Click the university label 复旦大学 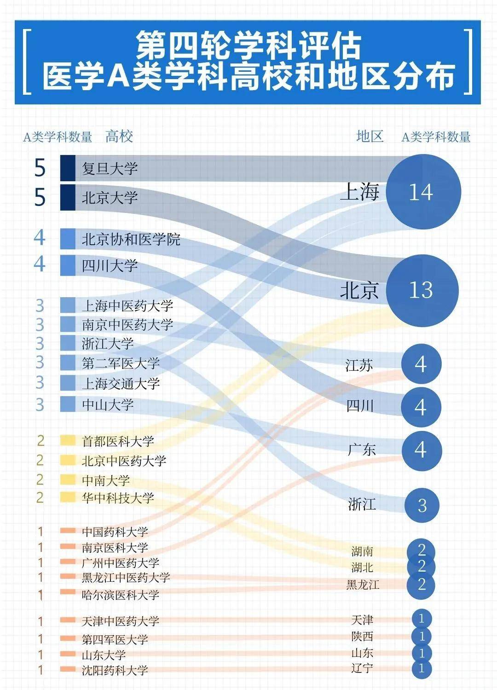(x=110, y=168)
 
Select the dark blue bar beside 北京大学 (x=68, y=197)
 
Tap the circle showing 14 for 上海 (x=423, y=192)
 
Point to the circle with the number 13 (x=422, y=290)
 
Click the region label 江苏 (x=359, y=365)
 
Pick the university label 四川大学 (x=110, y=265)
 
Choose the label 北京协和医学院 (x=131, y=239)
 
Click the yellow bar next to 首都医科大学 (x=68, y=441)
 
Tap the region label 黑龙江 (x=363, y=585)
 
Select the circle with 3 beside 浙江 (x=422, y=505)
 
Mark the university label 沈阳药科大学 (x=115, y=670)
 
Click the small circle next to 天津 (x=422, y=619)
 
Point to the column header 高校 (x=119, y=137)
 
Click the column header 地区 (x=370, y=136)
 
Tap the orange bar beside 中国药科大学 (x=68, y=531)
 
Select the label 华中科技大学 (x=118, y=498)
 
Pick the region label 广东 (x=361, y=449)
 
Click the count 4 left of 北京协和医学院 (x=40, y=238)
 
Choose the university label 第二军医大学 (x=121, y=363)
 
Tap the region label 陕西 (x=362, y=637)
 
